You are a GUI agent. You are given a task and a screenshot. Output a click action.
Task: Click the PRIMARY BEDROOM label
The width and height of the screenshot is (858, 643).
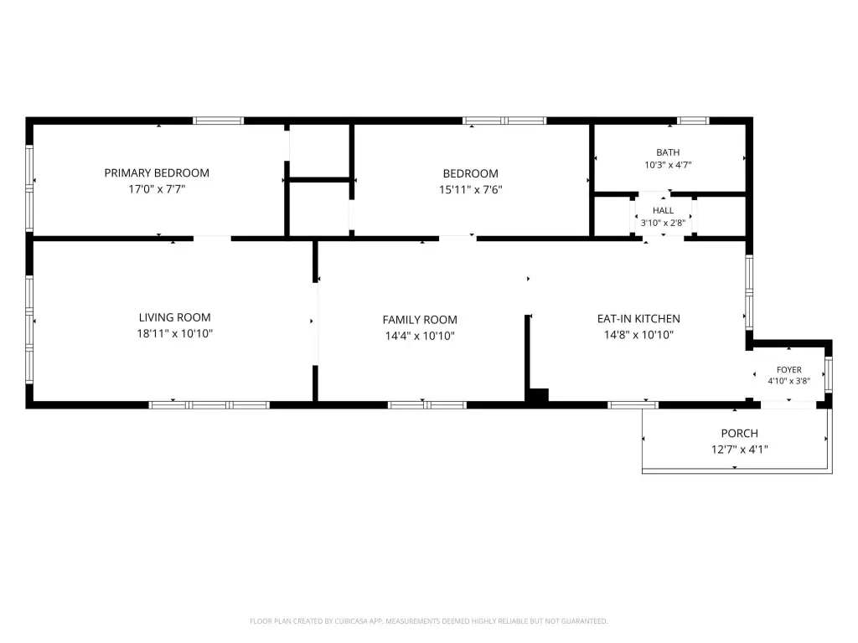point(157,172)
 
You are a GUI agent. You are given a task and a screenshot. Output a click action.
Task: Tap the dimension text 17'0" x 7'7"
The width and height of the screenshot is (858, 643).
point(157,189)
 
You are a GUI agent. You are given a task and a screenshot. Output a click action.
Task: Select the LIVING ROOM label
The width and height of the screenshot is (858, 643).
point(174,317)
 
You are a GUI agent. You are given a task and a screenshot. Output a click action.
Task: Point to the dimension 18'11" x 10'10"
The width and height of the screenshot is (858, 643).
point(174,333)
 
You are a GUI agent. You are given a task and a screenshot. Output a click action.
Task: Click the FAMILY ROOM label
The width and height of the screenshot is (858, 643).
point(420,319)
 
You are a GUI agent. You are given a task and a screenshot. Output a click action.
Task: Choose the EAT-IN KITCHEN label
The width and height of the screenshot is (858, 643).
point(638,318)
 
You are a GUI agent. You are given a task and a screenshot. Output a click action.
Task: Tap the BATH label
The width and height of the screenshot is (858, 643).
point(668,152)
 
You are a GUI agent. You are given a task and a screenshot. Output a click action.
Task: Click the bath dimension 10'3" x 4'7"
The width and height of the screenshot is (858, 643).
point(668,165)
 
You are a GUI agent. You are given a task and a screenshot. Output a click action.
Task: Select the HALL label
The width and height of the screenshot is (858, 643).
point(664,210)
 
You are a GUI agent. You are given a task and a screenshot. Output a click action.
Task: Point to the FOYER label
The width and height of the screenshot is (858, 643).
point(789,369)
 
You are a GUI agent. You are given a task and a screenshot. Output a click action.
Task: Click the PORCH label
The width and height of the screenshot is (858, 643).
point(740,433)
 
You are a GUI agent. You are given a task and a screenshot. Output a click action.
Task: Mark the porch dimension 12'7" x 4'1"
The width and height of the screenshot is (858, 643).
point(740,450)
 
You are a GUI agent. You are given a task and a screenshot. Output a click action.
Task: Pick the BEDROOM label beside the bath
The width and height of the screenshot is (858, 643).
point(471,173)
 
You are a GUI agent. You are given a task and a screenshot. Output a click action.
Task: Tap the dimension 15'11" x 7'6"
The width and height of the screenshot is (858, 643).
point(471,190)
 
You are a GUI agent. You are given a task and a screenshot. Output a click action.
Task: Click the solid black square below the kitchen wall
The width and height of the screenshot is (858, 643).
point(539,396)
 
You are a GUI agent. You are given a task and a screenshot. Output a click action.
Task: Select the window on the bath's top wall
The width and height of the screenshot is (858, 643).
point(693,121)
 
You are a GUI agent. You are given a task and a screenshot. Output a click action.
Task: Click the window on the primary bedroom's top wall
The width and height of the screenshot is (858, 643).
point(219,121)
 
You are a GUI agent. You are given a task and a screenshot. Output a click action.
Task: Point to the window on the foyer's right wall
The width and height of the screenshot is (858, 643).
point(829,374)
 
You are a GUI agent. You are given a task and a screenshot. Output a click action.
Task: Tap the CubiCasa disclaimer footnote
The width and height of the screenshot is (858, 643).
point(429,621)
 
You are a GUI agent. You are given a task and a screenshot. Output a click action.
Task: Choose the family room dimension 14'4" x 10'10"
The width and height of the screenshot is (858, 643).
point(420,336)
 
